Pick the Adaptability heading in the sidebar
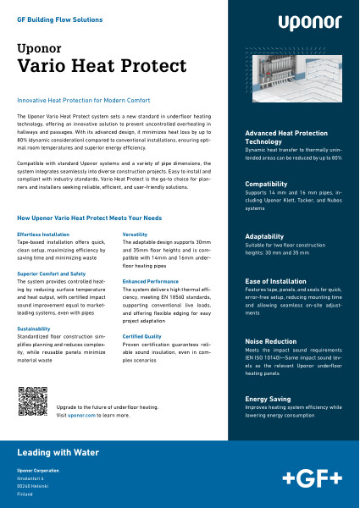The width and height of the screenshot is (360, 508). coord(269,236)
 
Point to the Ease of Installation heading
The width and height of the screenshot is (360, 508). coord(279,280)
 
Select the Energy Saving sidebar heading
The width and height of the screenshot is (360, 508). coord(270,398)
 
